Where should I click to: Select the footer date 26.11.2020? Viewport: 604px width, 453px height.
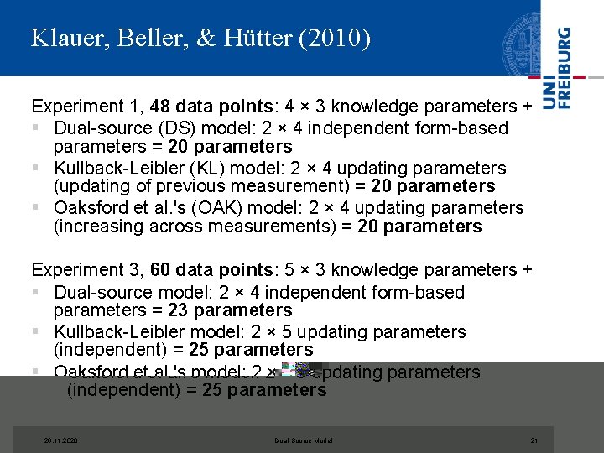60,440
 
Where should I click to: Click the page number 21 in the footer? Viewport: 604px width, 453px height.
534,440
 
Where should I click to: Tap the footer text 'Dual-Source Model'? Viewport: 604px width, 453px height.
304,440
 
